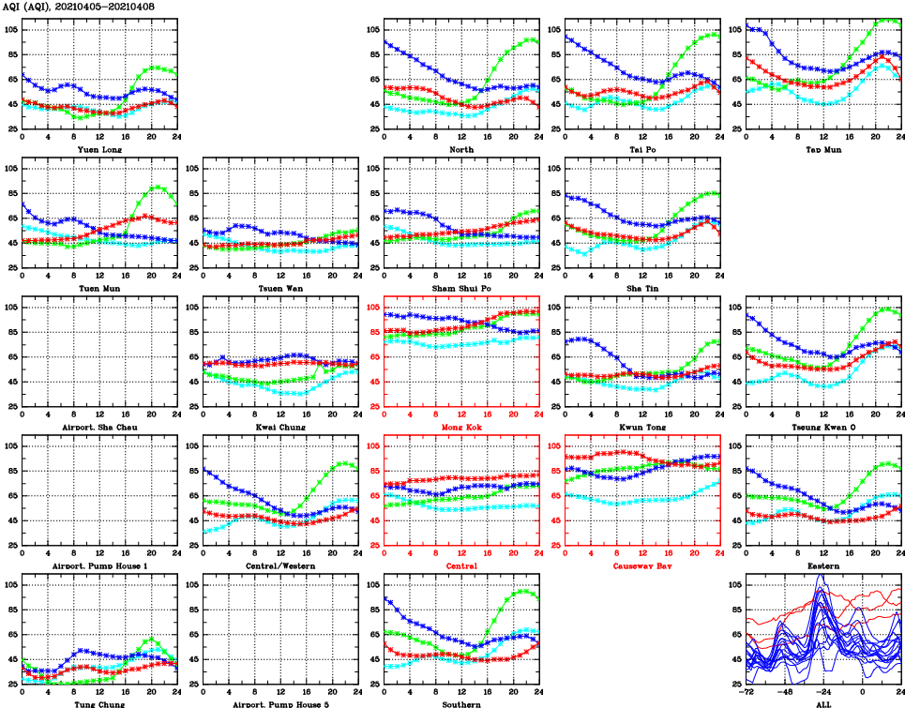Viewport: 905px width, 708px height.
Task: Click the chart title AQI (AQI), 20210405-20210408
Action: tap(79, 7)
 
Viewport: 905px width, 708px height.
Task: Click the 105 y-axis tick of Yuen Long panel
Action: tap(12, 30)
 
